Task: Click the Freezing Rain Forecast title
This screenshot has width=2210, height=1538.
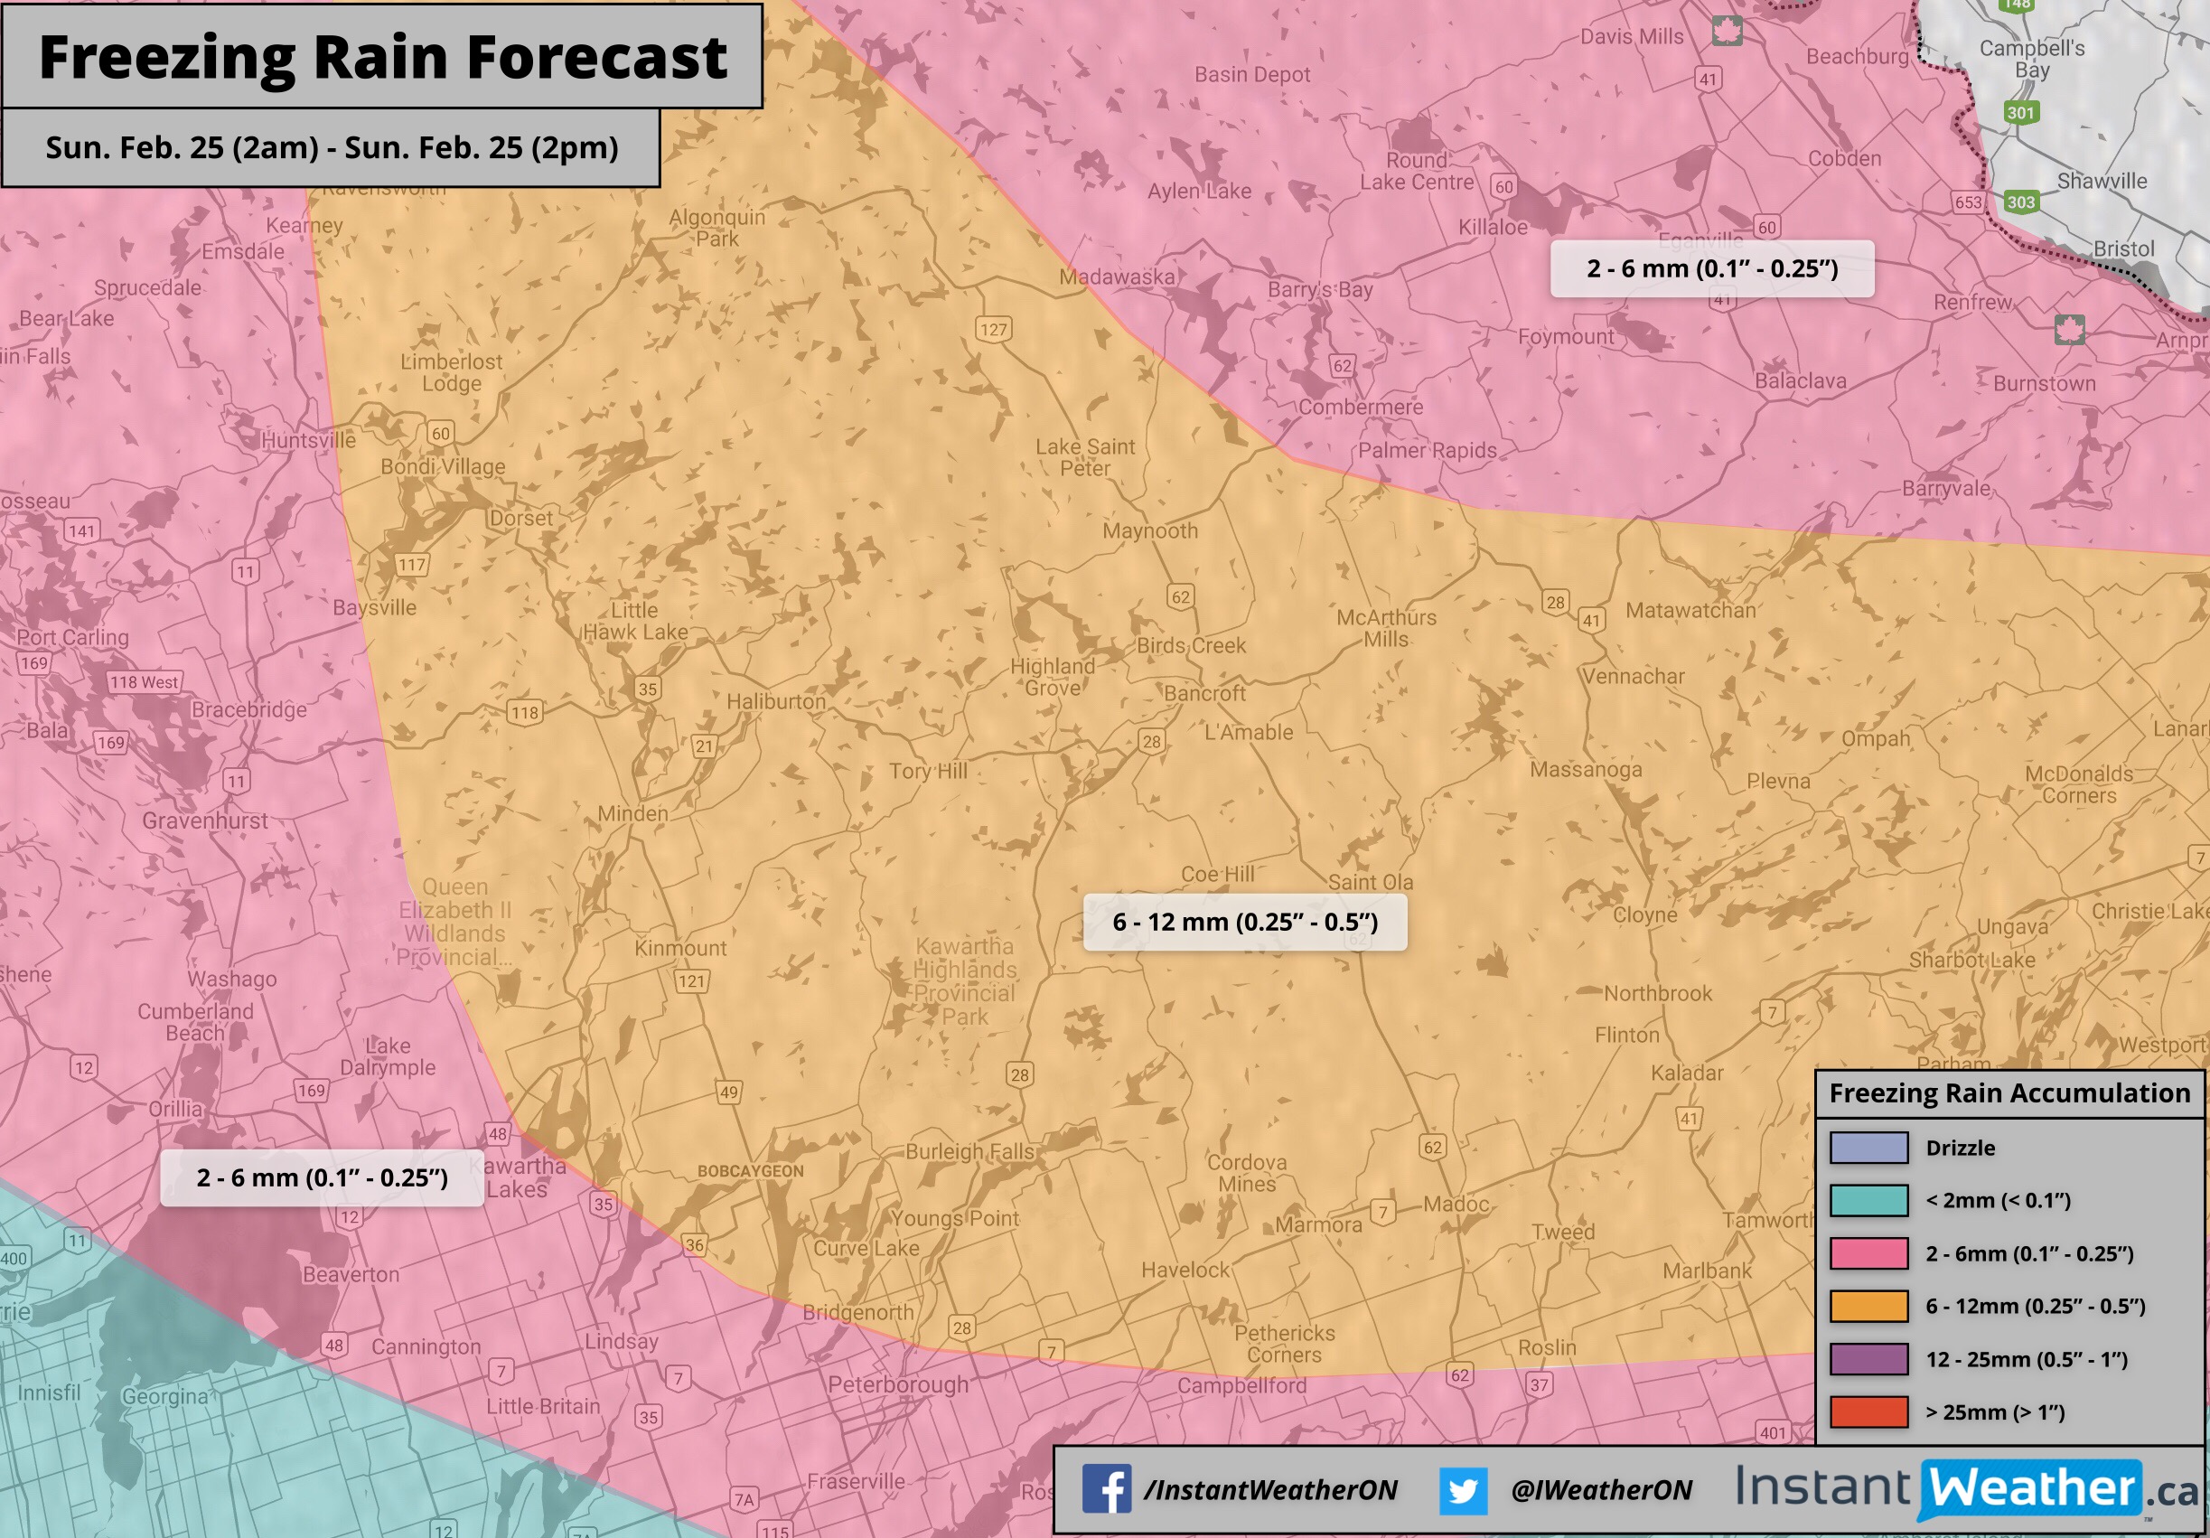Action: click(x=382, y=57)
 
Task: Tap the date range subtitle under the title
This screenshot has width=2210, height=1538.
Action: click(x=331, y=147)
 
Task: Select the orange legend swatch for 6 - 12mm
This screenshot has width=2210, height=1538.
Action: click(x=1868, y=1306)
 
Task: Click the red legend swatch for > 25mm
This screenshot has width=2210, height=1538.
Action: click(x=1868, y=1411)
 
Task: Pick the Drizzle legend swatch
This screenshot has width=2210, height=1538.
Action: click(x=1868, y=1148)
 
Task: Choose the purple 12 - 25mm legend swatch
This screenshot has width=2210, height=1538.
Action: click(x=1868, y=1359)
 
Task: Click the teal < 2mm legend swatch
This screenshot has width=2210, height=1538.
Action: click(x=1868, y=1200)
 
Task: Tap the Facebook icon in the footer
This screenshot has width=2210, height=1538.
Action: click(x=1106, y=1489)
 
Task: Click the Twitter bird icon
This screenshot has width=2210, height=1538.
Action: click(x=1463, y=1491)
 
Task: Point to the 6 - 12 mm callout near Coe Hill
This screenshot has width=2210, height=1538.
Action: click(x=1244, y=922)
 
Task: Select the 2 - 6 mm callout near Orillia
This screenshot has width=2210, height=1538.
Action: click(x=322, y=1177)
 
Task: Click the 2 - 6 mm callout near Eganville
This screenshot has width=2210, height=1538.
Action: click(x=1711, y=268)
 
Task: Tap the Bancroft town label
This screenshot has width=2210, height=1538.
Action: click(x=1204, y=693)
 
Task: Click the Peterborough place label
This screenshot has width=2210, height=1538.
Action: click(x=898, y=1384)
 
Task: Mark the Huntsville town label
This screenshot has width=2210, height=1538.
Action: click(x=308, y=440)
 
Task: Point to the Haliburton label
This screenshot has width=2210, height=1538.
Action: click(x=776, y=701)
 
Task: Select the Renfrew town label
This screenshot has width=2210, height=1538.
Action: click(x=1972, y=302)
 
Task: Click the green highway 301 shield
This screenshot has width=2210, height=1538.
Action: click(x=2020, y=113)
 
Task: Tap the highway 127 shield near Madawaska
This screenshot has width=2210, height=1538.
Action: click(x=992, y=329)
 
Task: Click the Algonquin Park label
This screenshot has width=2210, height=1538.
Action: click(x=717, y=227)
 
